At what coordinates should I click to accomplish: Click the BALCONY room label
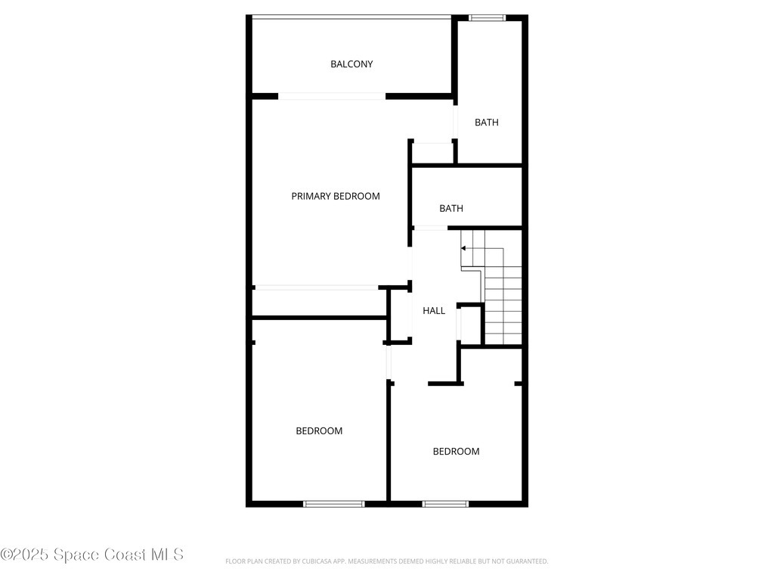351,64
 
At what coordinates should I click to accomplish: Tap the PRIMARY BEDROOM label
336,196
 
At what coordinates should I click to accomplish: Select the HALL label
434,311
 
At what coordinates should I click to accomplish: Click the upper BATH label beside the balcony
487,123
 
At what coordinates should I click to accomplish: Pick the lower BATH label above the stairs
451,209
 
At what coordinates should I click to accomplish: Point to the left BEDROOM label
319,431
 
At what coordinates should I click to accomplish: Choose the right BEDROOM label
456,452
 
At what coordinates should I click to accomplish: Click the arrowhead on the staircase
463,247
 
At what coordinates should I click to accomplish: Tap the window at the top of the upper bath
487,17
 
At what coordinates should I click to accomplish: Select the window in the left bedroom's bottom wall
333,503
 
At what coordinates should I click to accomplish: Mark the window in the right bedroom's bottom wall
445,503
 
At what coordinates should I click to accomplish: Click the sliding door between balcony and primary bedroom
332,96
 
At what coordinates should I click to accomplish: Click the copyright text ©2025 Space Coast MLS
92,555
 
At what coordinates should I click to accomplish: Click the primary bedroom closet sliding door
316,287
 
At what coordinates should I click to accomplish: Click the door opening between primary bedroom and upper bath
455,121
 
